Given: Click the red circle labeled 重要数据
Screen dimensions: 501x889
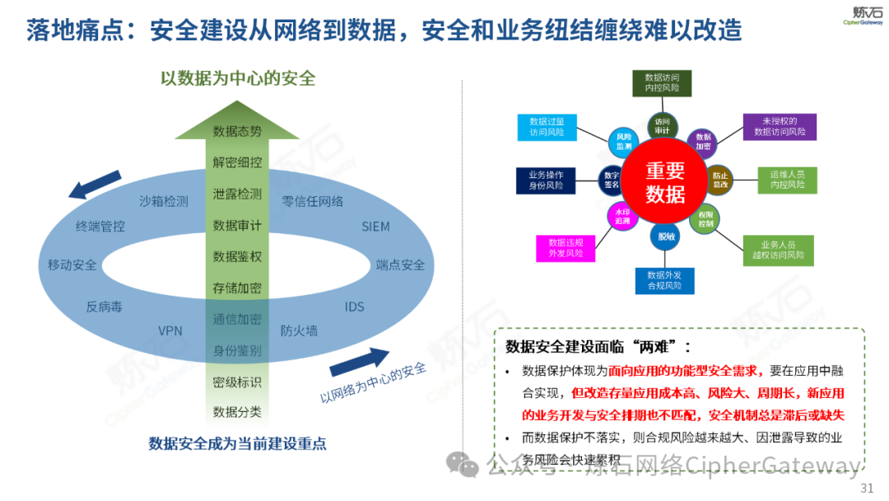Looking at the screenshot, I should [665, 182].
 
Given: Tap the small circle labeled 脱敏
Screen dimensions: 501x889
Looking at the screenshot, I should [665, 236].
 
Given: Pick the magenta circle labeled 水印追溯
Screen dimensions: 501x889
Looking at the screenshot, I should [622, 216].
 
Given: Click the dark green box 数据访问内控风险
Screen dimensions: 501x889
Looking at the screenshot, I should [662, 82].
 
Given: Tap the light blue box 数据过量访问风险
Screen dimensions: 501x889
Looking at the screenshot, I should [547, 126].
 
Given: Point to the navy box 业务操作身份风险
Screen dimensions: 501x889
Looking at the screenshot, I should [546, 180].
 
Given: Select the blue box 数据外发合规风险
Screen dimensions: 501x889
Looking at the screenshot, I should [664, 280].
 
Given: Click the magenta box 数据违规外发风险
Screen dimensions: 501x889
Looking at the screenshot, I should [566, 248].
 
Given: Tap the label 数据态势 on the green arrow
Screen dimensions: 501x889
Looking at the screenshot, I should [237, 131].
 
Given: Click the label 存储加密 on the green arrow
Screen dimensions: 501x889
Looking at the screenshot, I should [237, 288].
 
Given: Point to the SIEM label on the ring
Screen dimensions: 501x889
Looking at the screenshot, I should [375, 227].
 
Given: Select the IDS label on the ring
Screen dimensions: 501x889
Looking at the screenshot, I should [354, 307].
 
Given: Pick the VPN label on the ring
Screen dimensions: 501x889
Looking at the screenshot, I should [170, 330].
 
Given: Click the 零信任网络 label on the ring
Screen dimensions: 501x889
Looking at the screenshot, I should [313, 200].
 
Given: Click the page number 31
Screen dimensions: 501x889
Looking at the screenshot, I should [866, 489].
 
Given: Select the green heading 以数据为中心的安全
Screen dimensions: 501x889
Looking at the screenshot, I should [238, 78].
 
